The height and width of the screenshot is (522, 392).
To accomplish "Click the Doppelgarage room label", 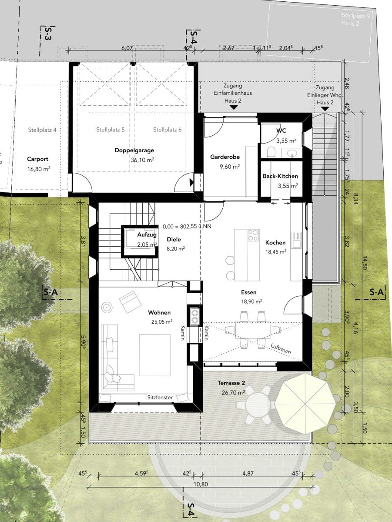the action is [134, 151].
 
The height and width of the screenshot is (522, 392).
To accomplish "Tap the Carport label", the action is [37, 159].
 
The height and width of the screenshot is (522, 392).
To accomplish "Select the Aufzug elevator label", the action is [147, 235].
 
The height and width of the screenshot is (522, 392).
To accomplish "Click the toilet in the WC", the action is [271, 152].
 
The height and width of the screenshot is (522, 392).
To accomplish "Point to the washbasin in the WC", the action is [292, 153].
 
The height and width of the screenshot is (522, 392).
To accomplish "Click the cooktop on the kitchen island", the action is [253, 235].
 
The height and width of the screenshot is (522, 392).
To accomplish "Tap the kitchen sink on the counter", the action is [296, 240].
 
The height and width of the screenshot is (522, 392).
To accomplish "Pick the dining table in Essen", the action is [253, 330].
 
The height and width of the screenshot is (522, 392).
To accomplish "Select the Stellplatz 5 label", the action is [111, 130].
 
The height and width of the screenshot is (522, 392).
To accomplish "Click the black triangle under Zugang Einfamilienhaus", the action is [234, 107].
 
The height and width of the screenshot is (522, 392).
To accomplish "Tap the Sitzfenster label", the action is [160, 398].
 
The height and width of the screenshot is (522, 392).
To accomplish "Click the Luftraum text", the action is [281, 349].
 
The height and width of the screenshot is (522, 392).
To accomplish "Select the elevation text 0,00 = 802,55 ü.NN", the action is [187, 226].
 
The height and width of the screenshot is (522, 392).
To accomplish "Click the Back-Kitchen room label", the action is [280, 176].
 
